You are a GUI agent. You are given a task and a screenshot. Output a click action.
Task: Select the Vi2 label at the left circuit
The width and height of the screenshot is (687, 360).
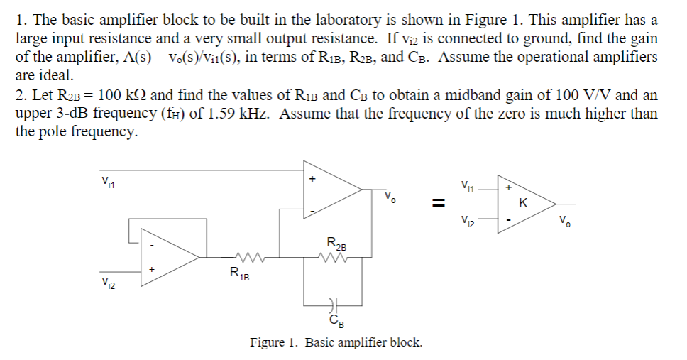pos(108,285)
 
